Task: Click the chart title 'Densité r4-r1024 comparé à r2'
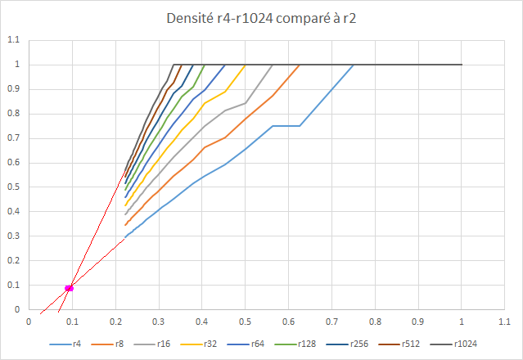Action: (x=261, y=17)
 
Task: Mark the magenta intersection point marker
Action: (x=70, y=287)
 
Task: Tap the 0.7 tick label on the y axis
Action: (x=12, y=138)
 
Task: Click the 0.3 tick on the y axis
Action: (x=12, y=236)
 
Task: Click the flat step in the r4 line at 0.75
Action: (x=286, y=126)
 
